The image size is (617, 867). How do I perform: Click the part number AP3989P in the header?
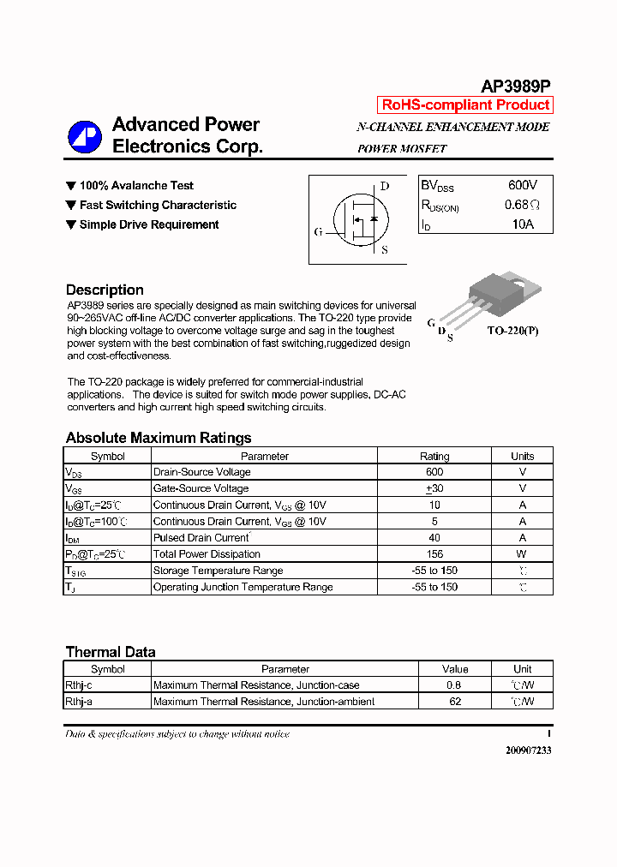coord(515,86)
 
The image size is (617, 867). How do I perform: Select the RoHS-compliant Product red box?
coord(465,105)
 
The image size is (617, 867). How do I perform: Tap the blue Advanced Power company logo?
coord(85,136)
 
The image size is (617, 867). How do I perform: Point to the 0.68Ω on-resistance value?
coord(522,205)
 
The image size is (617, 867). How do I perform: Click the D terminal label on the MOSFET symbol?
coord(385,186)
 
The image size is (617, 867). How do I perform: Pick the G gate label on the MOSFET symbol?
coord(319,231)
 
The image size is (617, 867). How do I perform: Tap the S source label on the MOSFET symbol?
coord(384,250)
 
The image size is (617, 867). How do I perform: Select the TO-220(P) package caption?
coord(513,330)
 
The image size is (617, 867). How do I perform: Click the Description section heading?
coord(105,290)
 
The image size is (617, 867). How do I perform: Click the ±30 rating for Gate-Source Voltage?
coord(434,488)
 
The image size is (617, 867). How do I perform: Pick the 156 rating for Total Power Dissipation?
coord(434,554)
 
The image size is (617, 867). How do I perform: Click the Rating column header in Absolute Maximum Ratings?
coord(434,456)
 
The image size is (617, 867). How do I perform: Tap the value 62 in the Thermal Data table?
coord(455,702)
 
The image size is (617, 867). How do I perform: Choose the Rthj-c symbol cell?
coord(79,685)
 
